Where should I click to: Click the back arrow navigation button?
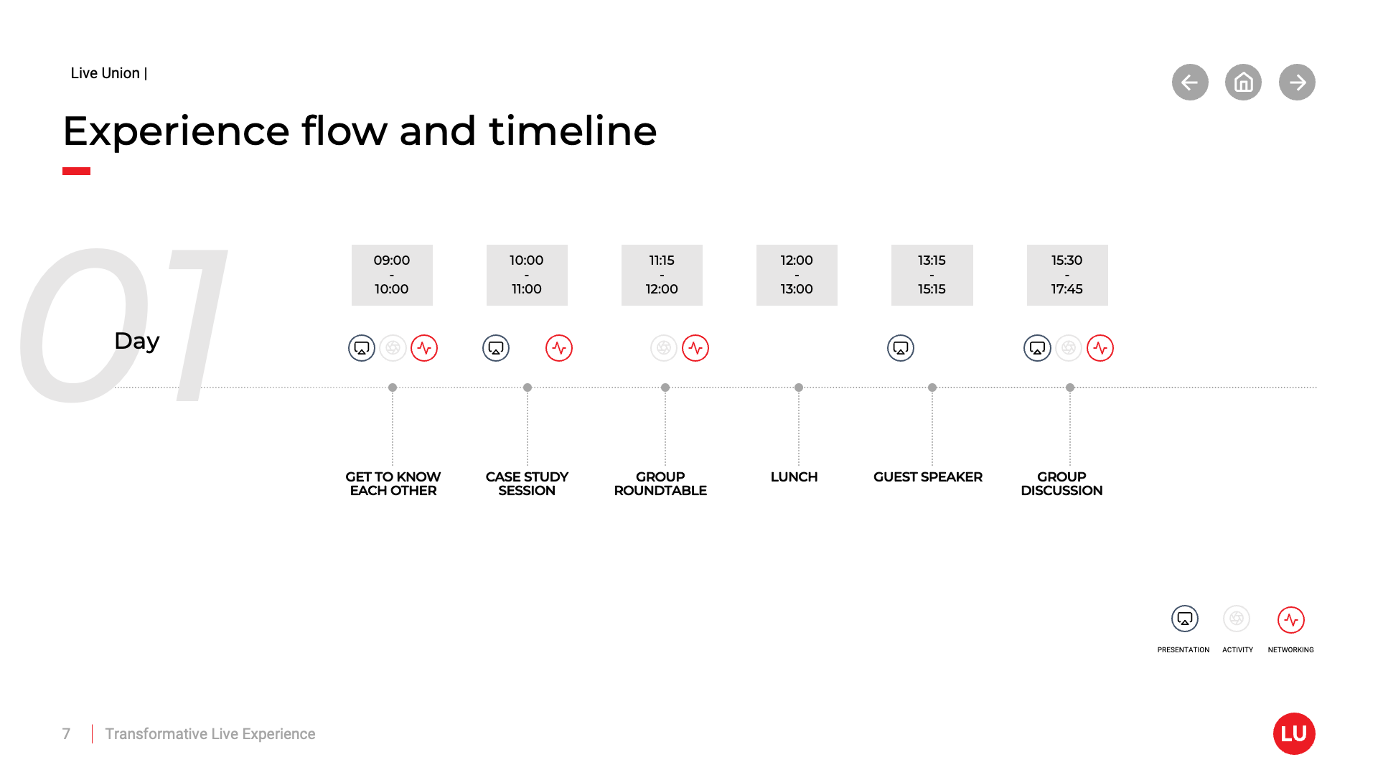1190,83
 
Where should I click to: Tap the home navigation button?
1243,83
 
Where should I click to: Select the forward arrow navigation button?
1297,83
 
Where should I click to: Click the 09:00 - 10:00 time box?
392,275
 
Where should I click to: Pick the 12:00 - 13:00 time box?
797,275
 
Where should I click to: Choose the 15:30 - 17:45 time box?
1067,275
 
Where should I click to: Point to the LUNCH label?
794,477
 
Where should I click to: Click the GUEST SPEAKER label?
927,477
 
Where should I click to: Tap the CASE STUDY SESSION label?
527,484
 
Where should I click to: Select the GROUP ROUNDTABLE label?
660,484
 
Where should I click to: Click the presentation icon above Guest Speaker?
901,348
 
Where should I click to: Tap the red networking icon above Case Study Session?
559,348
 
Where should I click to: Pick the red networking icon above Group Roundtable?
695,348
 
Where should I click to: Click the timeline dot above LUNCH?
799,387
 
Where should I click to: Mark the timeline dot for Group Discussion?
1070,387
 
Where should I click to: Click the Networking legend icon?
1290,620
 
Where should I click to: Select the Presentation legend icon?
1185,619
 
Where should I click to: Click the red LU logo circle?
1294,733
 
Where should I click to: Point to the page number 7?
66,734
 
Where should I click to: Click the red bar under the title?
76,171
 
